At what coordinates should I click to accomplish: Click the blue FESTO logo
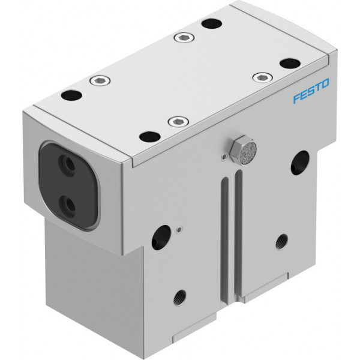click(x=311, y=91)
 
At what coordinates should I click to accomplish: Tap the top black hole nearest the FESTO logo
click(x=290, y=64)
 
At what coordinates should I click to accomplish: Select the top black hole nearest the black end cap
click(x=71, y=95)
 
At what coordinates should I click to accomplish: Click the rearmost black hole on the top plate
click(x=211, y=23)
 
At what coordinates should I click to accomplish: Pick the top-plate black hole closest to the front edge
click(x=149, y=137)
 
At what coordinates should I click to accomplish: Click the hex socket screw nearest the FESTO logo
click(x=262, y=77)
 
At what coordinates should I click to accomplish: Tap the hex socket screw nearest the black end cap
click(x=100, y=80)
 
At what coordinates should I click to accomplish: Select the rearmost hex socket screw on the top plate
click(x=184, y=38)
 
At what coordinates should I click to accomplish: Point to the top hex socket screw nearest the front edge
click(x=178, y=122)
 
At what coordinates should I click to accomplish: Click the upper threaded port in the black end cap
click(x=67, y=163)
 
